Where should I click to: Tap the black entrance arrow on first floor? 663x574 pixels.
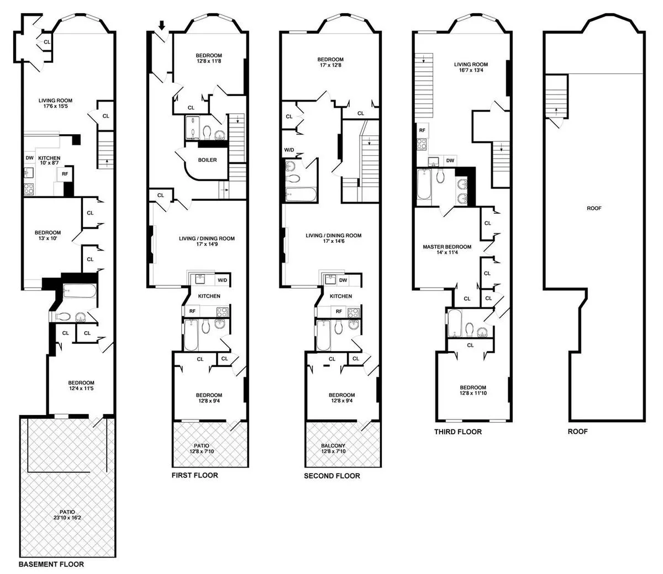162,25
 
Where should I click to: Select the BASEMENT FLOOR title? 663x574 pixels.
51,564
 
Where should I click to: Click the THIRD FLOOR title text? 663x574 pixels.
457,432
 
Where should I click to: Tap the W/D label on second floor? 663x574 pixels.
289,150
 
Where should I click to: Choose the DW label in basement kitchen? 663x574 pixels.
29,158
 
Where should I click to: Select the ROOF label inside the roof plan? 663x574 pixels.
594,209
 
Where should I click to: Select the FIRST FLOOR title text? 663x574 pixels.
194,475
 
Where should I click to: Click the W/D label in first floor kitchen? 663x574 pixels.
222,280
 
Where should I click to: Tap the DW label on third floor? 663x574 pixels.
450,161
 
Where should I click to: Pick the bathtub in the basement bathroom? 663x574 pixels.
80,291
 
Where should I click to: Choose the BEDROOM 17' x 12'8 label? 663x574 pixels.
330,62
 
